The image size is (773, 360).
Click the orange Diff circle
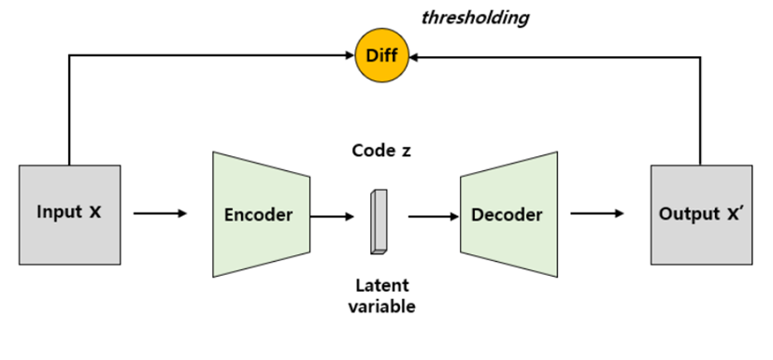(x=382, y=56)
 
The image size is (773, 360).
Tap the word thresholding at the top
(x=475, y=16)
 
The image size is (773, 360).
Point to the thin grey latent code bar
(x=378, y=222)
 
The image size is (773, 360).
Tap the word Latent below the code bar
(x=381, y=286)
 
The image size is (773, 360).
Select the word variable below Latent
(x=381, y=306)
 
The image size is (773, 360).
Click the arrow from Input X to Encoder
(x=161, y=214)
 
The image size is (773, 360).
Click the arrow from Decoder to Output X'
(x=597, y=214)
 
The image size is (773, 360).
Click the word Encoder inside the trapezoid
(x=258, y=214)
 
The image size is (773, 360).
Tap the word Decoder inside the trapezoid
(x=507, y=214)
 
